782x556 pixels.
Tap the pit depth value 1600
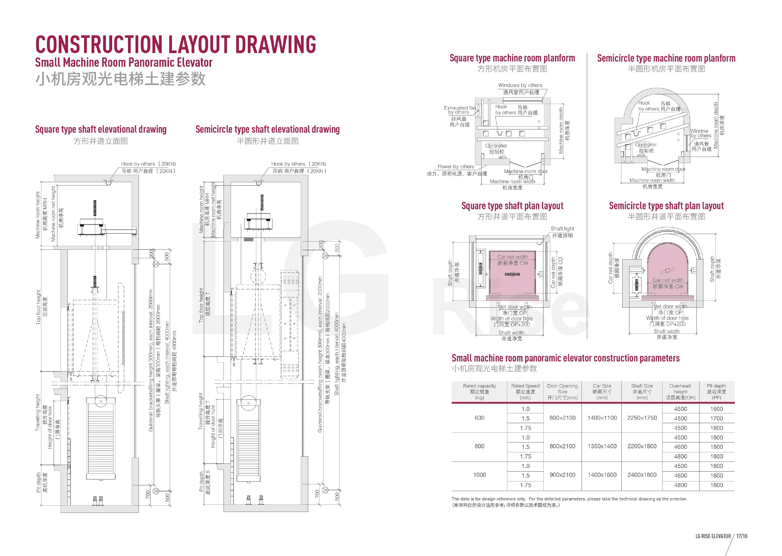[x=716, y=409]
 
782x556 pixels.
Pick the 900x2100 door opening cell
[x=562, y=475]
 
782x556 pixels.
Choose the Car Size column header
[x=602, y=391]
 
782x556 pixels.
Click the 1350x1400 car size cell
[x=602, y=446]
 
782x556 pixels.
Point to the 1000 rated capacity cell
[x=479, y=475]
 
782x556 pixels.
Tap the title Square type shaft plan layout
[x=512, y=206]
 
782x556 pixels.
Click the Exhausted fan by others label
[x=460, y=110]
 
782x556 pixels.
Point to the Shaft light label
[x=562, y=228]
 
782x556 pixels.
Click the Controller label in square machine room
[x=496, y=146]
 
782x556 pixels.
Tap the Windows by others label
[x=520, y=85]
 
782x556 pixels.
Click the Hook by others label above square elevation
[x=148, y=164]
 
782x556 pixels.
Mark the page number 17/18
[x=742, y=536]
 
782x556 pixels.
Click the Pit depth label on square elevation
[x=38, y=482]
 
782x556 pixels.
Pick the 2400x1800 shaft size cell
[x=642, y=475]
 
